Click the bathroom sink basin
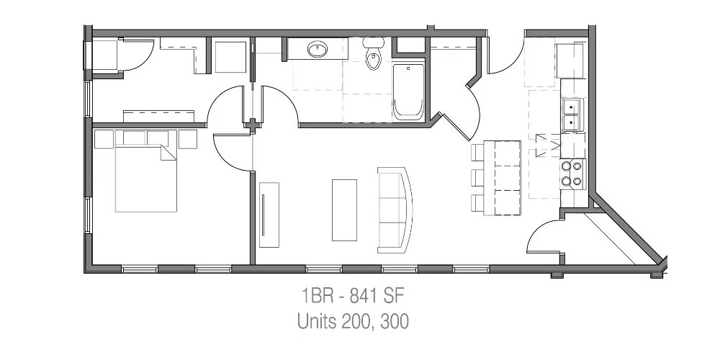317,49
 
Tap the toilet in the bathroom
373,54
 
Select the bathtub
408,92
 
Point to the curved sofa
395,210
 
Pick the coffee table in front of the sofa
344,210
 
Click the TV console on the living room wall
269,215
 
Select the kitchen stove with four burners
573,174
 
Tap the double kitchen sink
572,114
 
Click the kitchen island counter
502,178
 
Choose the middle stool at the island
477,178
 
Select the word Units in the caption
317,321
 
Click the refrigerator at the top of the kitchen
571,60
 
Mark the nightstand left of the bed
104,139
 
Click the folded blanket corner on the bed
168,153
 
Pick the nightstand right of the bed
188,139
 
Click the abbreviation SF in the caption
394,296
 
